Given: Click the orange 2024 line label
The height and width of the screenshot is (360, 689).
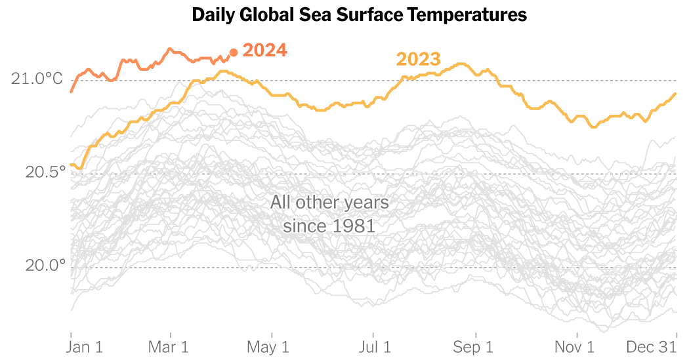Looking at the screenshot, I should pyautogui.click(x=265, y=50).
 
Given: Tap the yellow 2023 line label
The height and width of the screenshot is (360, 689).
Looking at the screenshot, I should pyautogui.click(x=418, y=60).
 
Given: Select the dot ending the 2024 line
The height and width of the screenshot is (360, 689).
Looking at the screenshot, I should pyautogui.click(x=234, y=52).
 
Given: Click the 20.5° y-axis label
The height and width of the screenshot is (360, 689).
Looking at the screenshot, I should pyautogui.click(x=45, y=172).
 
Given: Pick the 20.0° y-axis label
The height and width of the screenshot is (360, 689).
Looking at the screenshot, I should pyautogui.click(x=45, y=266).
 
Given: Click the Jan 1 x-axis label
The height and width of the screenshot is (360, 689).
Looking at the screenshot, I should pyautogui.click(x=86, y=346).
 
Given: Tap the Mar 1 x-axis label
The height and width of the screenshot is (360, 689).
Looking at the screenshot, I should pyautogui.click(x=170, y=346).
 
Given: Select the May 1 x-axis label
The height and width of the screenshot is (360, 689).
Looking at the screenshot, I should pyautogui.click(x=268, y=346).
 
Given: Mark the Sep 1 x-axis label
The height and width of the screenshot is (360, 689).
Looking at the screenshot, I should pyautogui.click(x=474, y=346).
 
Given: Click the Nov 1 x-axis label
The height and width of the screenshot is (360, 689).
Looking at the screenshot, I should pyautogui.click(x=575, y=346).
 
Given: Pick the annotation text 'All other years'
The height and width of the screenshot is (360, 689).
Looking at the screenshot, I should pyautogui.click(x=329, y=203).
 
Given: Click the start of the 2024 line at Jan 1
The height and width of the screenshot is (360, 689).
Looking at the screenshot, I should pyautogui.click(x=71, y=91).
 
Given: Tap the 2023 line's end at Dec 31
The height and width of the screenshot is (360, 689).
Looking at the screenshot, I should pyautogui.click(x=676, y=93).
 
